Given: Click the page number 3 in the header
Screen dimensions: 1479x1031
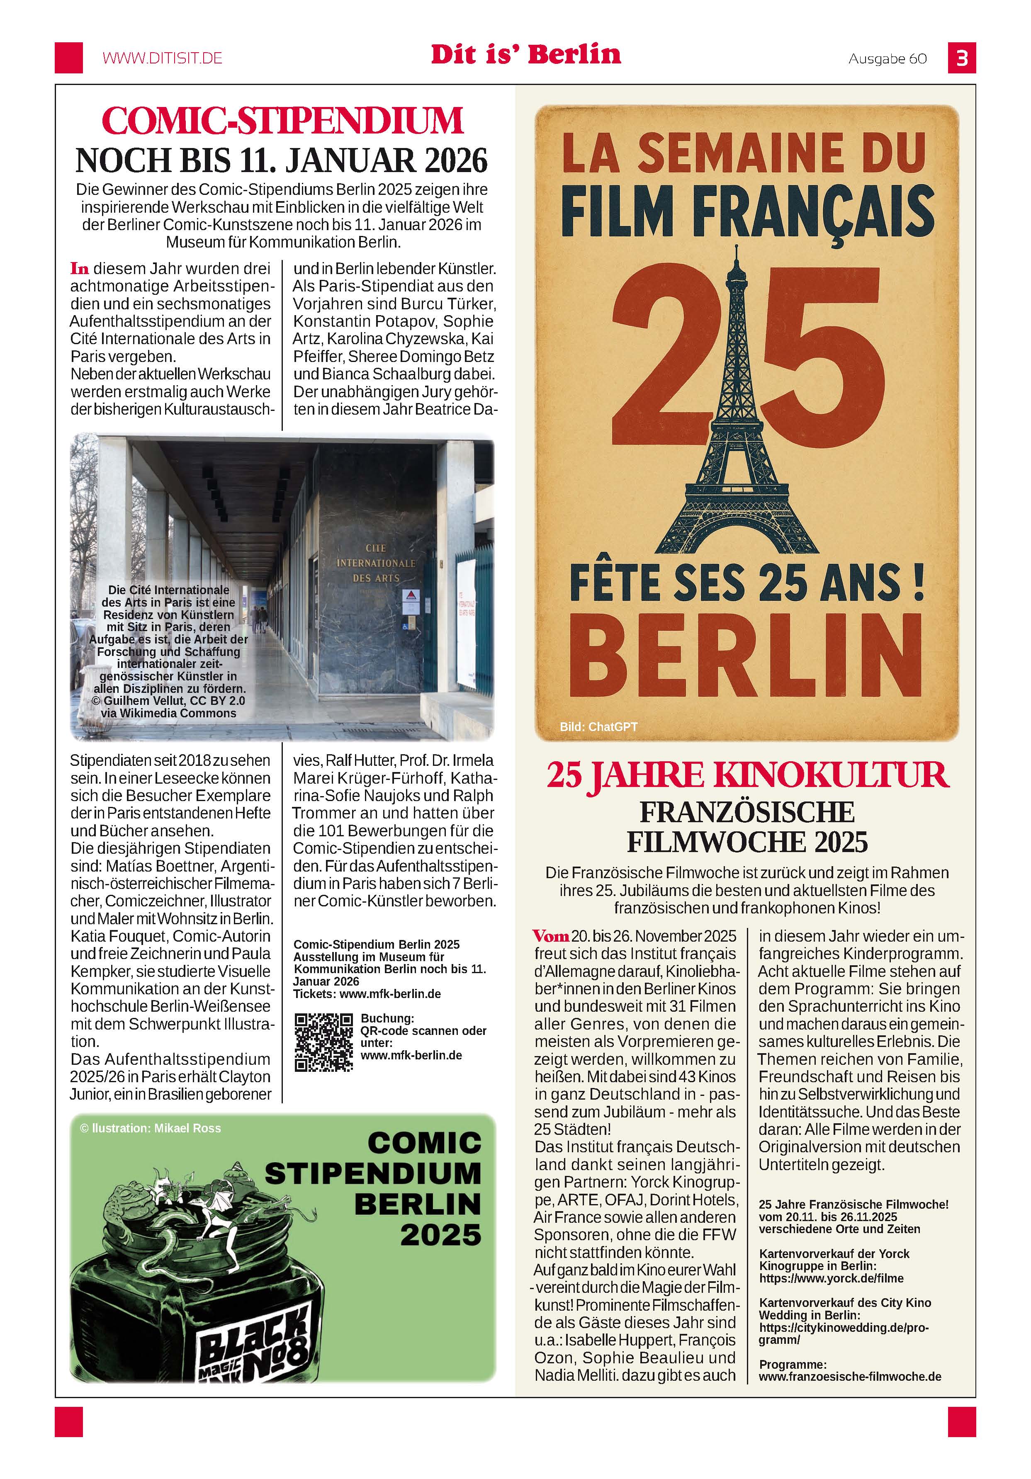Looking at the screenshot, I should click(x=961, y=58).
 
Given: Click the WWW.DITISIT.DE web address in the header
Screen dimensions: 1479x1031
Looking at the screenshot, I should click(x=163, y=58).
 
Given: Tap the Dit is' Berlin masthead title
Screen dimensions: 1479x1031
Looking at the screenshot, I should click(x=526, y=54).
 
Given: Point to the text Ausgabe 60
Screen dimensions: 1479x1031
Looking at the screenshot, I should click(x=888, y=58).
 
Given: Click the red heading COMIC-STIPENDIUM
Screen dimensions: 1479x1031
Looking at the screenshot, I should click(x=282, y=121).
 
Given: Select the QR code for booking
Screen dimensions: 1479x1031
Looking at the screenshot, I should click(x=323, y=1042).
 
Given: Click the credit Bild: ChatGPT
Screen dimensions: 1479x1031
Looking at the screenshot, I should click(x=598, y=726).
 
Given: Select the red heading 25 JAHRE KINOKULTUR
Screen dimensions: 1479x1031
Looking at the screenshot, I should click(x=747, y=775).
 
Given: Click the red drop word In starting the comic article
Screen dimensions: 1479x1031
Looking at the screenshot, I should click(x=79, y=268).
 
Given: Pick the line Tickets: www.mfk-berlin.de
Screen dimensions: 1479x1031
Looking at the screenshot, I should click(x=367, y=994).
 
